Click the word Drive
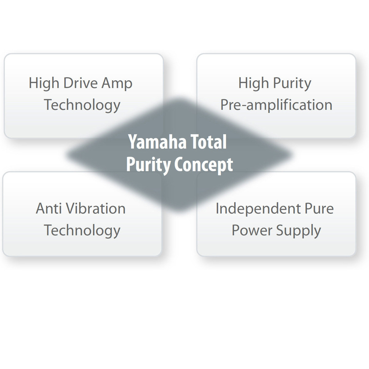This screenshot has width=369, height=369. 81,83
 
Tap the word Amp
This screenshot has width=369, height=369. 117,84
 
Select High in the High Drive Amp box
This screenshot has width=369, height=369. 44,84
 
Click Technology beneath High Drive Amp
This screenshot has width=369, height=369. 82,106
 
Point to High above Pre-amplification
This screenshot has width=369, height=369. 253,84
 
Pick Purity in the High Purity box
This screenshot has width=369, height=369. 292,84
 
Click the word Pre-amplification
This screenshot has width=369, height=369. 276,105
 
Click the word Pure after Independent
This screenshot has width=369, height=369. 319,208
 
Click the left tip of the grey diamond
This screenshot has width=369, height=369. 66,154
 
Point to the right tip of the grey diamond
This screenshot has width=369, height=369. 292,154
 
